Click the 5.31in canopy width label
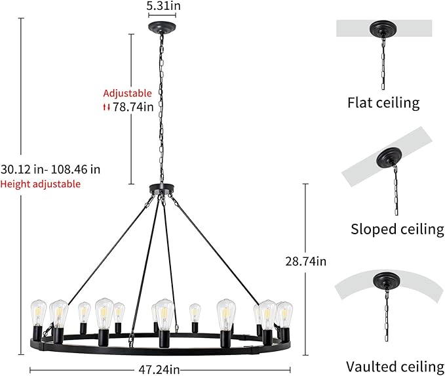click(163, 6)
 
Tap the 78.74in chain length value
click(133, 107)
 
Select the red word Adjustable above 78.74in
click(127, 93)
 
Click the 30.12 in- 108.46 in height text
click(50, 169)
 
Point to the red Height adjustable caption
click(41, 184)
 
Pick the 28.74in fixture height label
click(305, 261)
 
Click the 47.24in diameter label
click(159, 369)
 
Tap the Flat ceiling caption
click(383, 102)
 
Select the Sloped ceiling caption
click(397, 229)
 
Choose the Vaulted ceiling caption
click(395, 366)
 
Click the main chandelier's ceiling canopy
click(162, 28)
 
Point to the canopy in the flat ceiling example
click(383, 29)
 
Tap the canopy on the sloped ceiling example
click(389, 157)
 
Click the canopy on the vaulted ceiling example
click(387, 280)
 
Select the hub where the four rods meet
click(161, 188)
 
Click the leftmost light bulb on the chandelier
click(38, 313)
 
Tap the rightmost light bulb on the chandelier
click(285, 314)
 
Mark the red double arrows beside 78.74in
click(106, 108)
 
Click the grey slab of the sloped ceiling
click(387, 157)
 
